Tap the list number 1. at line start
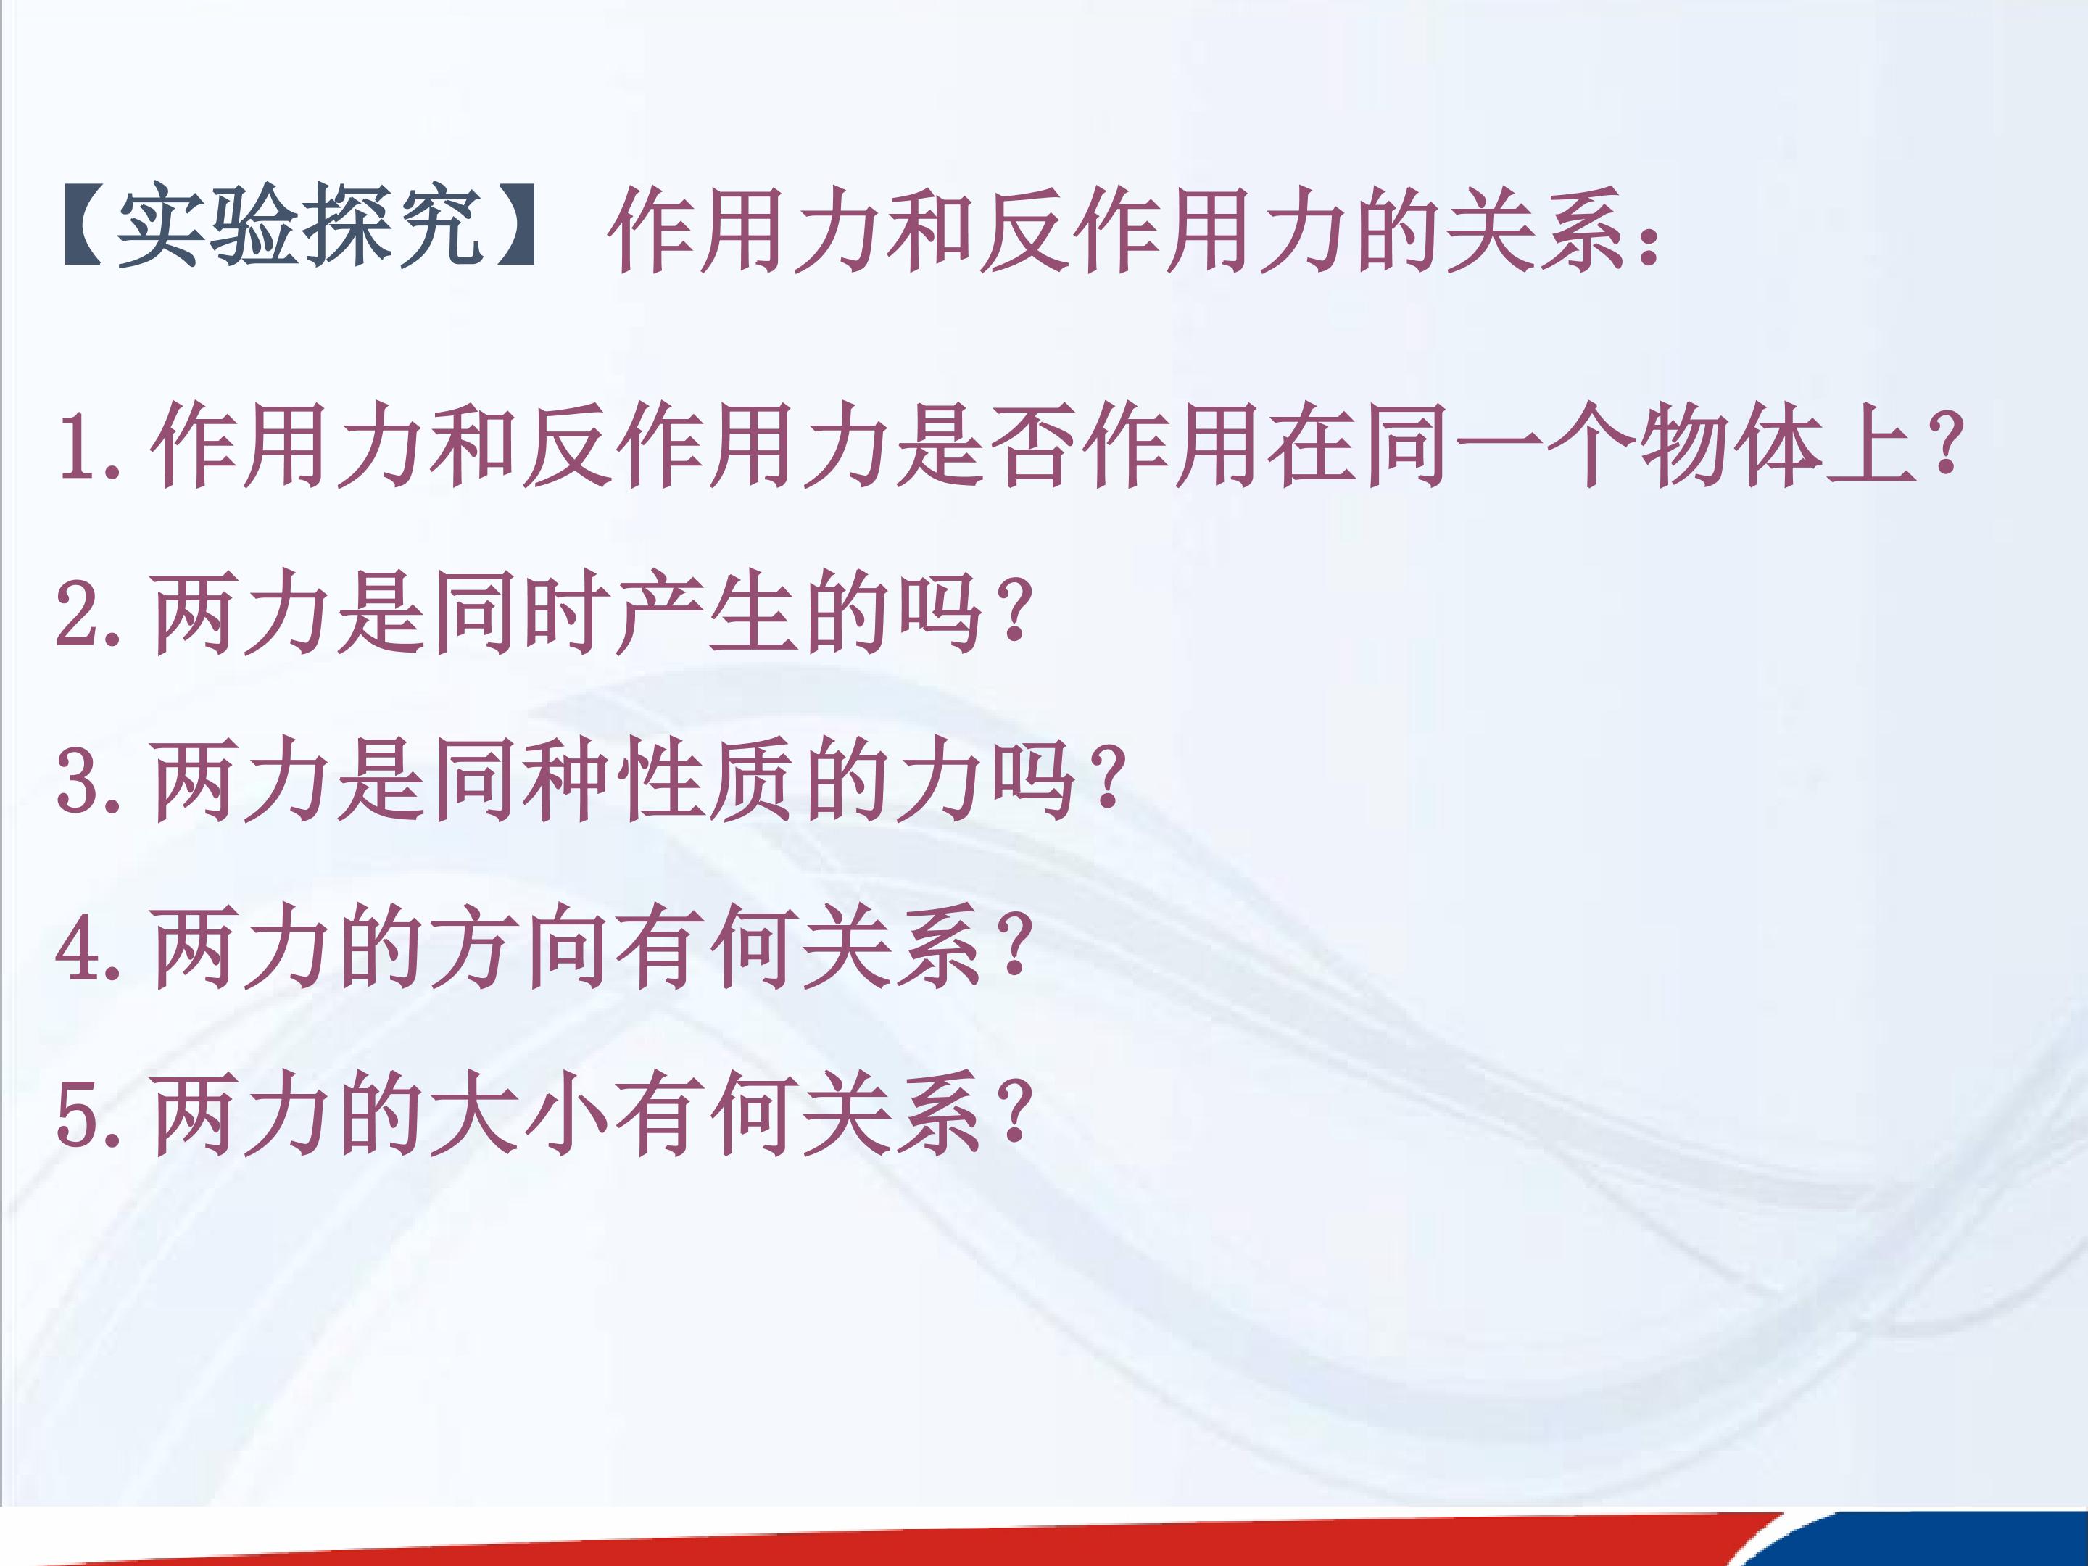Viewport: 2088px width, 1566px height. pyautogui.click(x=90, y=446)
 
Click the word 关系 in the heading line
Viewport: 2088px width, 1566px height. pyautogui.click(x=1538, y=228)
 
